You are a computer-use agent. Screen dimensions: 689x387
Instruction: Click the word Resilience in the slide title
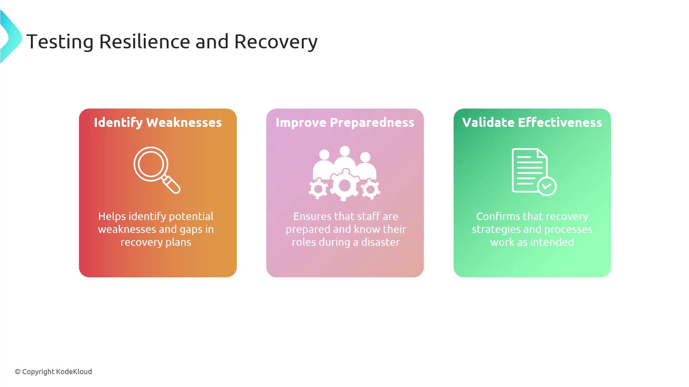point(144,41)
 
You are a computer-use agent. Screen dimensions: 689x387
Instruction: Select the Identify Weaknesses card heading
point(158,123)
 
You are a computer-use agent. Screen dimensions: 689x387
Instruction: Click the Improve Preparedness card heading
point(345,123)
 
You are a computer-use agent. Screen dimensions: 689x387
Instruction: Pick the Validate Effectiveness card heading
point(532,123)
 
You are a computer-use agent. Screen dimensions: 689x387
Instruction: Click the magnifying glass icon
point(157,170)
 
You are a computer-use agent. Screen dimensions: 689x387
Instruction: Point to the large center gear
point(344,185)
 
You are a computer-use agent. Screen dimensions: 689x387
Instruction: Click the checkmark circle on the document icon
point(547,186)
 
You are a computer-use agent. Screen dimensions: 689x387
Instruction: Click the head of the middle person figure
point(345,151)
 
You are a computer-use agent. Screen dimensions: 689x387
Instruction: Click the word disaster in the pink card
point(380,242)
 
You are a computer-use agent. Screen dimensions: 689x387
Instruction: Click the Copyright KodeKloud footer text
point(53,372)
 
